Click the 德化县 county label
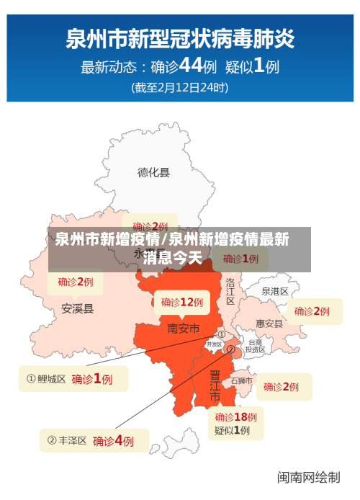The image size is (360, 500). point(154,172)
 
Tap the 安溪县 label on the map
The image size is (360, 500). point(77,308)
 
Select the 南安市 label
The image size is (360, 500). point(183,329)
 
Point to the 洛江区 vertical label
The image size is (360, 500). point(230,291)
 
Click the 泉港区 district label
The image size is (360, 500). point(274,292)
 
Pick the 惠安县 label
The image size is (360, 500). point(269,323)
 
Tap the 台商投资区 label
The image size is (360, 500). point(256,347)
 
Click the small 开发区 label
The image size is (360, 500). point(215,344)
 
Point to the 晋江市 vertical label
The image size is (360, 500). point(215,388)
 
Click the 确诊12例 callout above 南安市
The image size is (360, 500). point(182,302)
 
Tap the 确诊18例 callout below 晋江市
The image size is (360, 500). point(235,416)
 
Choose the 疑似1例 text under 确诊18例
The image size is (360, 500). point(232,431)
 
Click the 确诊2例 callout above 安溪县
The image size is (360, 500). point(76,281)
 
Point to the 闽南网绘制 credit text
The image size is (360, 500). point(309,477)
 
